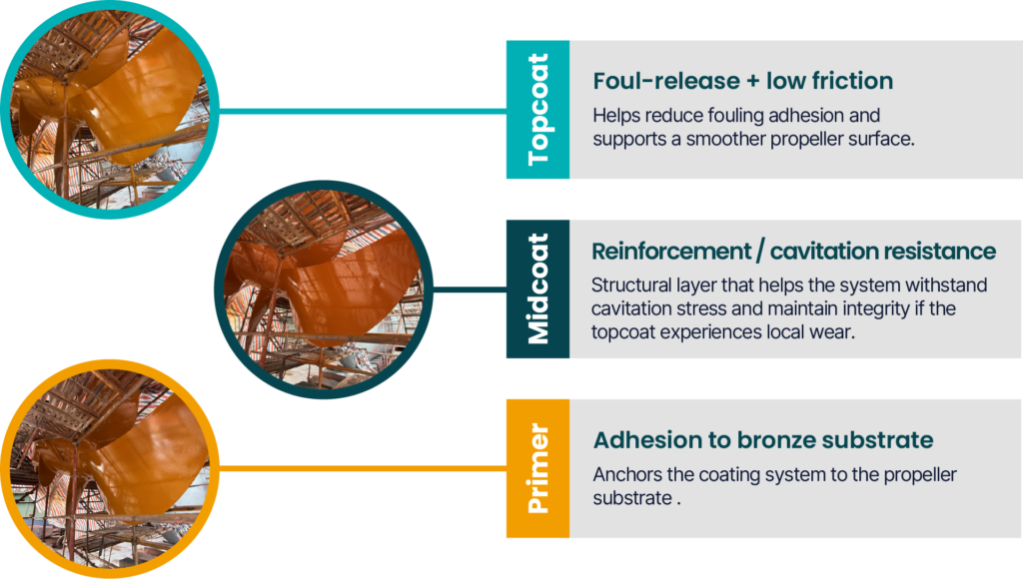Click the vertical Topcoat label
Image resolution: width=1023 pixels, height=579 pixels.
pyautogui.click(x=538, y=109)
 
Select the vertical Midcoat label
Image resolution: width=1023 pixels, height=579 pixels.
pyautogui.click(x=538, y=289)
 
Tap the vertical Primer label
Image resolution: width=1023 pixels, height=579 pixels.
pyautogui.click(x=538, y=468)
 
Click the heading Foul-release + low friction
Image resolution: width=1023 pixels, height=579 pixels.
pyautogui.click(x=743, y=81)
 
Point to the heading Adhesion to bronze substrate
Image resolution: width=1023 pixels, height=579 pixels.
pyautogui.click(x=763, y=440)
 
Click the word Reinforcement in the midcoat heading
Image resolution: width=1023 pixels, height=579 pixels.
pyautogui.click(x=671, y=251)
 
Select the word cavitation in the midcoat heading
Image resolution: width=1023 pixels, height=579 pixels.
pyautogui.click(x=823, y=251)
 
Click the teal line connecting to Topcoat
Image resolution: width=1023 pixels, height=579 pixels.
pyautogui.click(x=363, y=111)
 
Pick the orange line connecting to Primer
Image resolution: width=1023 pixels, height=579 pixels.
pyautogui.click(x=363, y=468)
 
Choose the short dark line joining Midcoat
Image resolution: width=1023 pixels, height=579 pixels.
pyautogui.click(x=470, y=289)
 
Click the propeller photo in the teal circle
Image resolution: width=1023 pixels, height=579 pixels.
pyautogui.click(x=110, y=110)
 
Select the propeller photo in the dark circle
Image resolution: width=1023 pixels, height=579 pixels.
pyautogui.click(x=324, y=289)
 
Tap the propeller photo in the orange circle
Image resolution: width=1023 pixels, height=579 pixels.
pyautogui.click(x=110, y=469)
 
